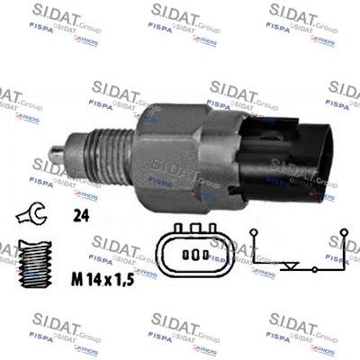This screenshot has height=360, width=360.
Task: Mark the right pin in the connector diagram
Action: click(x=204, y=255)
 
